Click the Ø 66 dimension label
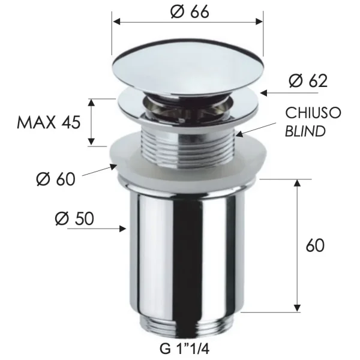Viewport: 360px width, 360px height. click(x=189, y=11)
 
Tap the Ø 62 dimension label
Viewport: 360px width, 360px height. click(x=308, y=80)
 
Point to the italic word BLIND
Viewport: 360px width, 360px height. click(x=305, y=130)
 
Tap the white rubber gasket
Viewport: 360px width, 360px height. click(x=187, y=160)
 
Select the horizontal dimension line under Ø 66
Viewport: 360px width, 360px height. click(x=188, y=22)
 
